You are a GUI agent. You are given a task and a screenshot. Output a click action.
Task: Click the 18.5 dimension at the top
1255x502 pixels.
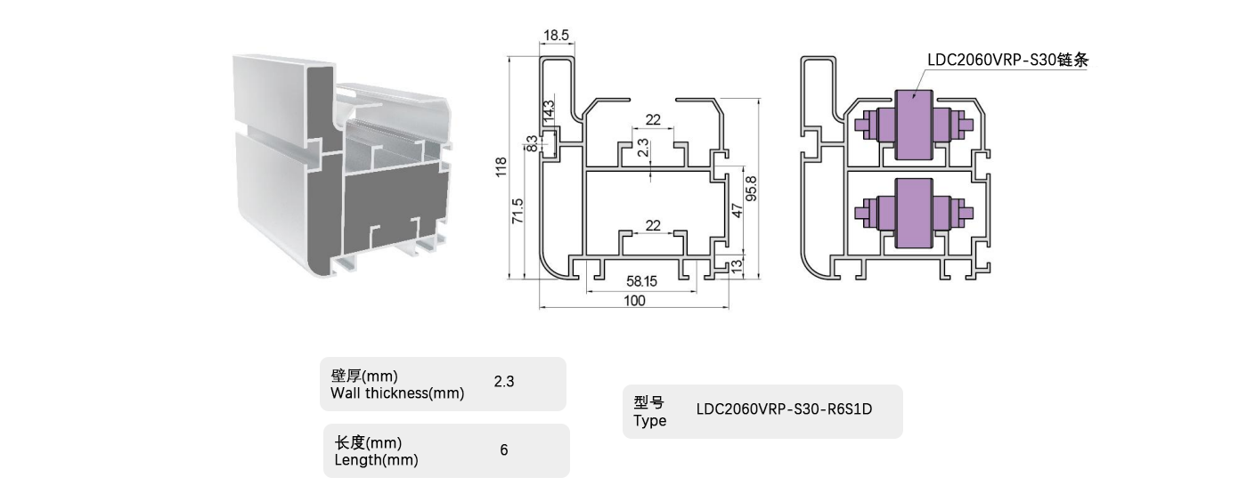point(556,36)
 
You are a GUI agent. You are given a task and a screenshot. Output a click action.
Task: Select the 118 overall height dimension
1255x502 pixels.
point(501,167)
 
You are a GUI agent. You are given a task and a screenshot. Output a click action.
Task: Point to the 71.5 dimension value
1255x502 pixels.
point(518,212)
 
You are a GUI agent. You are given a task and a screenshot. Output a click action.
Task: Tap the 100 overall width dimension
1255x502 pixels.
point(634,301)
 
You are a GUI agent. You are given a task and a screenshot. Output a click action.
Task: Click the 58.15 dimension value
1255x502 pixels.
point(641,281)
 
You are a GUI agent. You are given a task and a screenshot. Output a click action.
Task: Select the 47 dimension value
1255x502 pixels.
point(737,211)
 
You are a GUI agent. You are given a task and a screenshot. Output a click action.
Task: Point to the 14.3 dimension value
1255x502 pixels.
point(549,112)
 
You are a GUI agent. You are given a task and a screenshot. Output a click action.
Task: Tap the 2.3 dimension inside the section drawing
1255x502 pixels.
point(644,148)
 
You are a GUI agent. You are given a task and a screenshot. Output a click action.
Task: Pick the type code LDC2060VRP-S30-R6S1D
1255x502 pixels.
point(784,410)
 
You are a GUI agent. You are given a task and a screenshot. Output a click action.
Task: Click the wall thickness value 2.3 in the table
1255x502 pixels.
point(504,382)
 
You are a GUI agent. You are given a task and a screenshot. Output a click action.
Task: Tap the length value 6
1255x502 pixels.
point(504,450)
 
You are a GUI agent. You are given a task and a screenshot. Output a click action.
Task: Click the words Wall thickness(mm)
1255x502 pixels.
point(397,393)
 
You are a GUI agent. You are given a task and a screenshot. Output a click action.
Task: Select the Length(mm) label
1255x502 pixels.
point(376,460)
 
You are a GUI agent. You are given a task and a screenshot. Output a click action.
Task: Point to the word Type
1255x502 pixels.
point(650,421)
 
